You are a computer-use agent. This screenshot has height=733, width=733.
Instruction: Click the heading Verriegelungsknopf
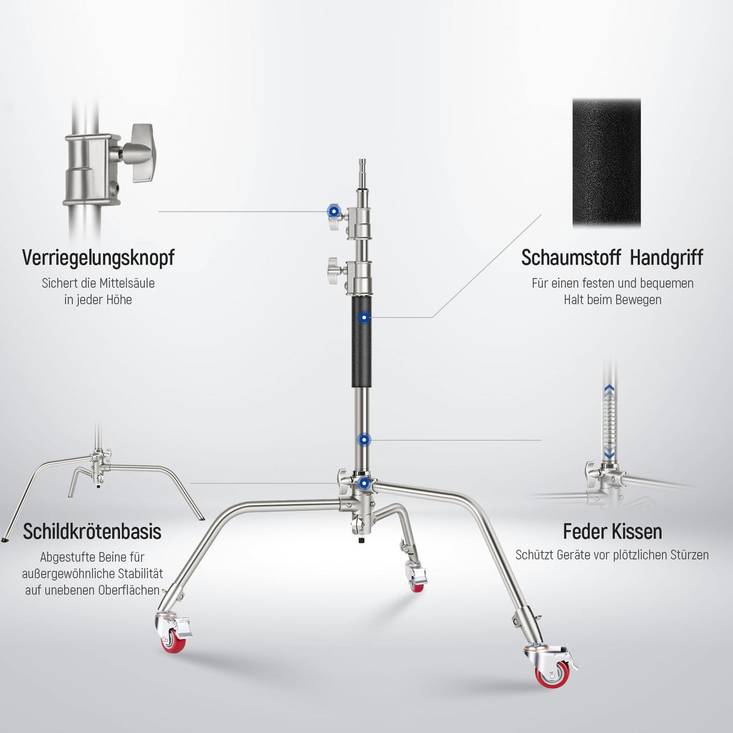98,258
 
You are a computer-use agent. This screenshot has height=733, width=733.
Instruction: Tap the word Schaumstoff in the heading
571,258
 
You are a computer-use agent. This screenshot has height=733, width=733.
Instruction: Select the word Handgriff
666,258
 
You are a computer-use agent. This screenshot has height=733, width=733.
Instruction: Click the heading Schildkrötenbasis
92,531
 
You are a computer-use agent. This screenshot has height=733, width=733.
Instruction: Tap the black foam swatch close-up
607,163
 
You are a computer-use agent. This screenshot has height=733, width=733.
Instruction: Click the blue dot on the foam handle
364,317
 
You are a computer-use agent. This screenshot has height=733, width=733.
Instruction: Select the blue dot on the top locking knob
334,211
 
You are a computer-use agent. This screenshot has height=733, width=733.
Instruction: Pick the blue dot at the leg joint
364,483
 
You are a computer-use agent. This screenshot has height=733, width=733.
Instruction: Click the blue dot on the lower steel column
364,440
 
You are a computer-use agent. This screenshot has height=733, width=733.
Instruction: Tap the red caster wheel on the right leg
550,676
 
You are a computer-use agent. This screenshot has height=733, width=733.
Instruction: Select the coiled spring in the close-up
610,426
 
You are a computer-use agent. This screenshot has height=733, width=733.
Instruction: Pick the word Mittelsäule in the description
127,283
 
